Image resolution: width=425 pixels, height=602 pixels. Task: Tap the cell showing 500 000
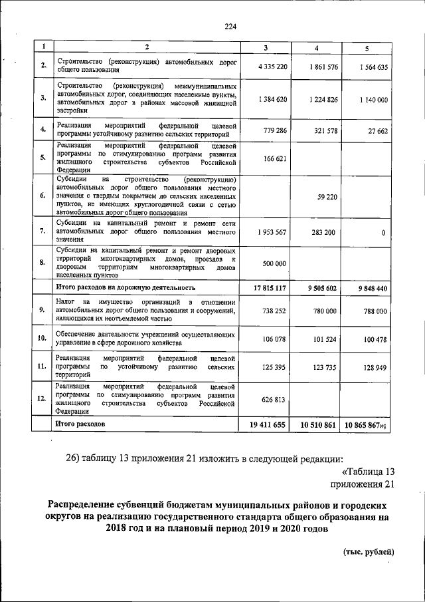pos(274,263)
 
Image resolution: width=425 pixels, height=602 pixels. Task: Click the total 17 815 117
pos(270,288)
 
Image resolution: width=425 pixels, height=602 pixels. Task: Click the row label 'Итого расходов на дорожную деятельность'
pos(125,288)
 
